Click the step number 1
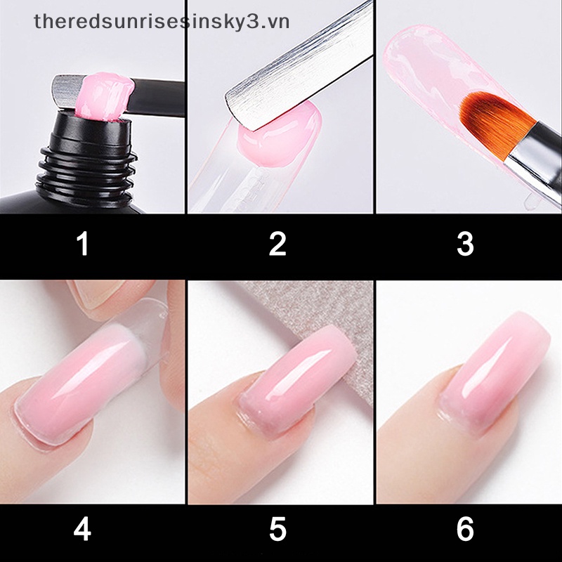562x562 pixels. [83, 244]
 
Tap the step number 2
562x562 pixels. [277, 244]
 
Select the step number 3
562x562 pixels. [465, 244]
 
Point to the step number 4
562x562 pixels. [83, 528]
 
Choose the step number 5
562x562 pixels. [277, 528]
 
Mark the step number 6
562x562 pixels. [465, 528]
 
